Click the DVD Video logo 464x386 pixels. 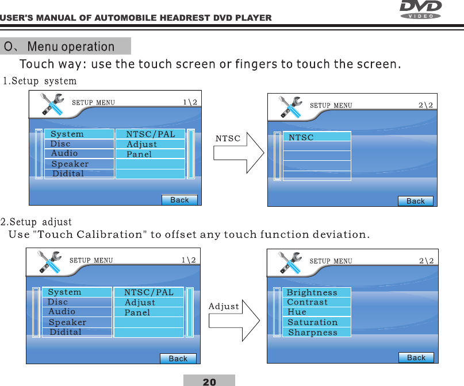coord(420,9)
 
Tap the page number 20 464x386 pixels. coord(209,382)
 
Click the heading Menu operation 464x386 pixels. coord(71,47)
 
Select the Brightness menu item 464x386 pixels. coord(312,292)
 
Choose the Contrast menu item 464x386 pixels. coord(308,302)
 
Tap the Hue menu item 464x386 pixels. coord(297,312)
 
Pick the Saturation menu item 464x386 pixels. coord(312,322)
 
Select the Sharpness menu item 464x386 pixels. coord(313,332)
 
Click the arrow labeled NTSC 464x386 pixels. coord(239,153)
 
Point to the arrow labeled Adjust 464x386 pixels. coord(235,321)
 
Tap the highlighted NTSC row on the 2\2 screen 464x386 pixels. coord(317,137)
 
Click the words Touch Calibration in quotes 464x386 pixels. coord(90,234)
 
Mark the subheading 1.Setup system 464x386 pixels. coord(40,81)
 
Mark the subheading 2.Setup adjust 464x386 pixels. coord(36,222)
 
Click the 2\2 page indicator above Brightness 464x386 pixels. coord(426,261)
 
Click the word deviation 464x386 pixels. coord(341,234)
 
